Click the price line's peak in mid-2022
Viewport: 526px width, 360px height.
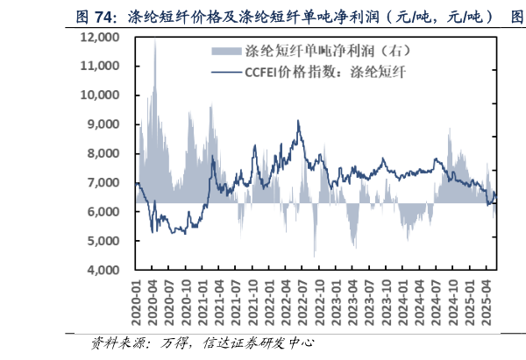click(299, 122)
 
